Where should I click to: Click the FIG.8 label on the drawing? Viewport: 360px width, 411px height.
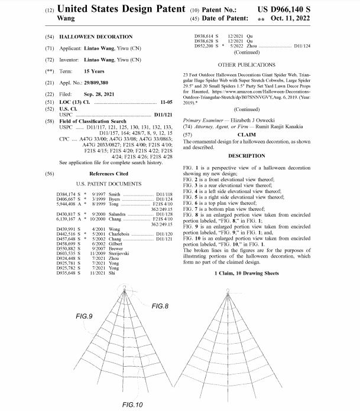pyautogui.click(x=160, y=306)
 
